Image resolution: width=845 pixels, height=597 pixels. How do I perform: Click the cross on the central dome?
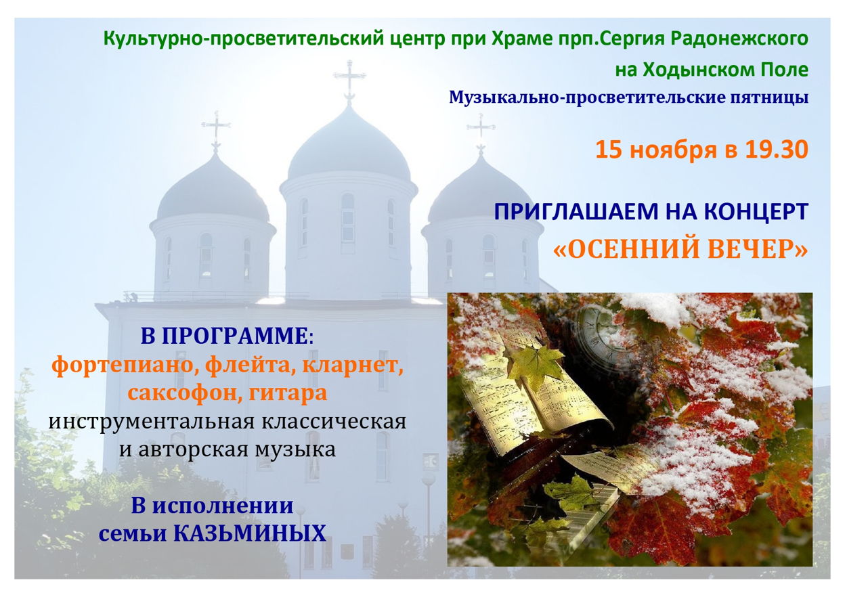[349, 81]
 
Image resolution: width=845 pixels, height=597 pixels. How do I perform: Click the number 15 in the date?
[609, 150]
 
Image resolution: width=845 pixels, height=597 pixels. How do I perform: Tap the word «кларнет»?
[353, 365]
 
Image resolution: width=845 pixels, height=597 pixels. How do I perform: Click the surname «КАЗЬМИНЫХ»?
[250, 533]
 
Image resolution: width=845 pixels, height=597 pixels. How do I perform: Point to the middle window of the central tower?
[347, 217]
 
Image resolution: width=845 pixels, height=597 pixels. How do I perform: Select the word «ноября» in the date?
[673, 150]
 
